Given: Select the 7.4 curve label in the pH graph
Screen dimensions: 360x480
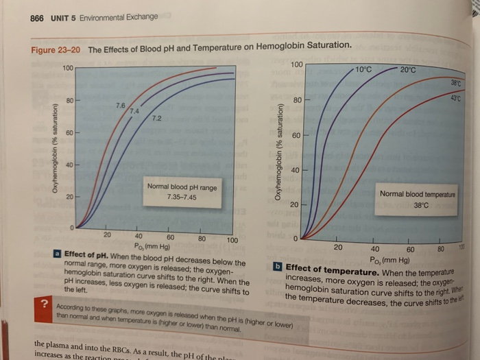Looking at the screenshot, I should (134, 111).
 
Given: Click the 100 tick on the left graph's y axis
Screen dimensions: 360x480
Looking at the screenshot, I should (67, 69).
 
